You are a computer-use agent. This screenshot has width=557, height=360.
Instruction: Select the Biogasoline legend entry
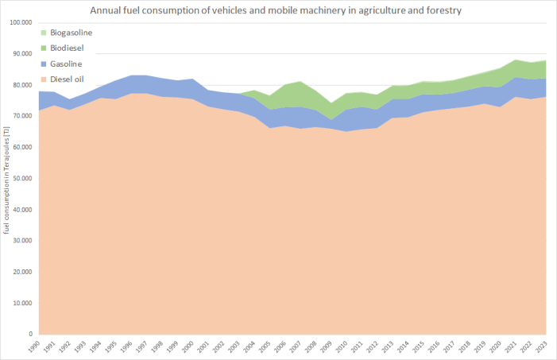click(72, 33)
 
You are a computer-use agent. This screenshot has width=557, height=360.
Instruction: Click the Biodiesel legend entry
click(68, 48)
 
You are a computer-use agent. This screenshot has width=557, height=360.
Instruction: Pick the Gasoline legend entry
click(67, 64)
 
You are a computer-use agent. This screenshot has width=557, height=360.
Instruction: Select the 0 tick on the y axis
click(29, 334)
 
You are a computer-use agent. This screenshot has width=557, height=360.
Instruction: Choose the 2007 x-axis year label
click(299, 346)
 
